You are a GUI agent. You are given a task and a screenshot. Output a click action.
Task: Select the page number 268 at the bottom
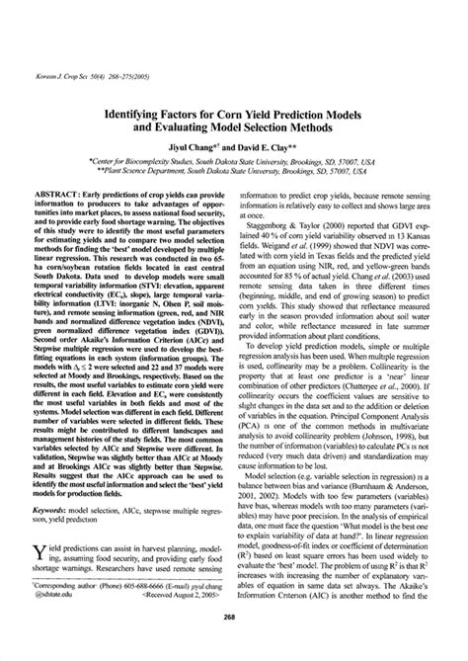click(234, 642)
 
